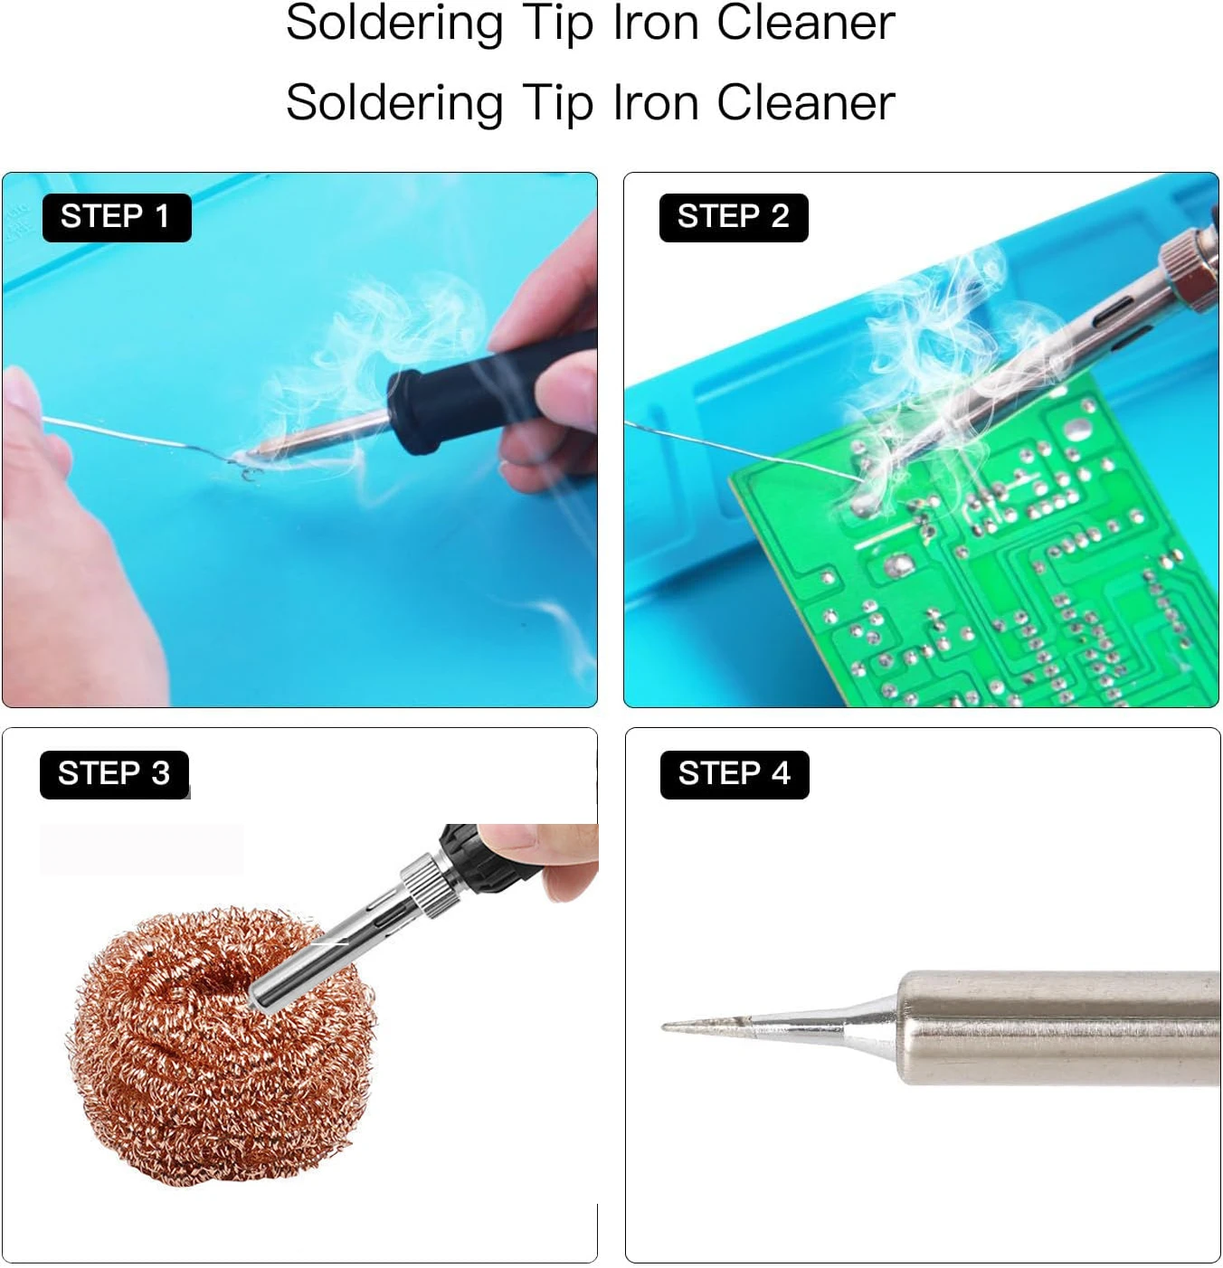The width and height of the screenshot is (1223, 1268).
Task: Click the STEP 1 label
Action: [x=116, y=217]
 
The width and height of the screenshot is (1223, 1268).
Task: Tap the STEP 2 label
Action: [x=733, y=217]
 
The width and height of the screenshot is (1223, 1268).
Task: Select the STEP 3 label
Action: [x=114, y=774]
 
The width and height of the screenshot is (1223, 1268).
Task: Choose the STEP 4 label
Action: [x=734, y=774]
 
